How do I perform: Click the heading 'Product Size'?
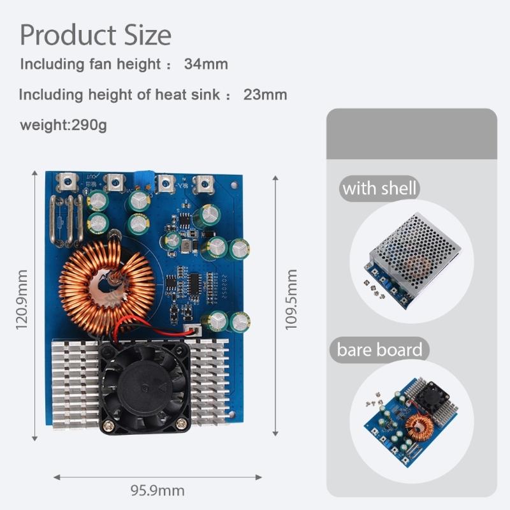96,34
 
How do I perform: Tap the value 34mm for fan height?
205,64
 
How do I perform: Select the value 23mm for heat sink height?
265,95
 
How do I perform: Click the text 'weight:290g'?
63,124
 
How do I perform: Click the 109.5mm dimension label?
291,300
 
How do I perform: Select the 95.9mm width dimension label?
157,490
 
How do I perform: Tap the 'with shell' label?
379,189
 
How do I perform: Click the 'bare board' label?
379,350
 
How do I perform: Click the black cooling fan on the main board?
145,385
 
